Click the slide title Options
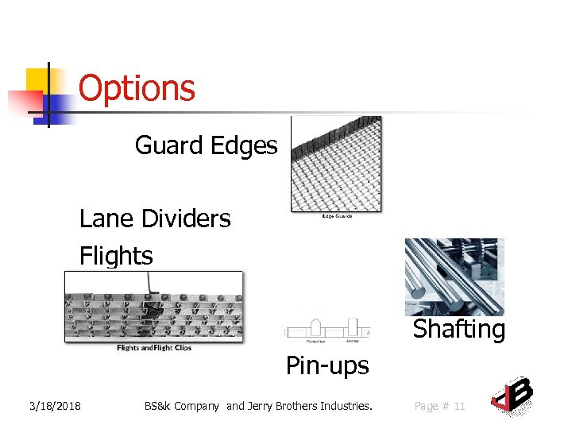pos(137,88)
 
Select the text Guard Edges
pos(206,145)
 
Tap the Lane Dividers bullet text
pos(155,218)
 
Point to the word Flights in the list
pos(116,256)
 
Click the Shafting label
pos(458,329)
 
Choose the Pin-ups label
pos(327,365)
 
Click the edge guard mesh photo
pos(335,163)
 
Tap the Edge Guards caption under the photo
pos(336,216)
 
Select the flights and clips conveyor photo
pos(153,307)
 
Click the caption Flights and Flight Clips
pos(153,347)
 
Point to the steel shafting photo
pos(454,277)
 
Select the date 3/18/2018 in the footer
pos(55,406)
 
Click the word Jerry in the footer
pos(262,406)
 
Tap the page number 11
pos(459,406)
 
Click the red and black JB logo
pos(511,395)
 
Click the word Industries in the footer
pos(345,406)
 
